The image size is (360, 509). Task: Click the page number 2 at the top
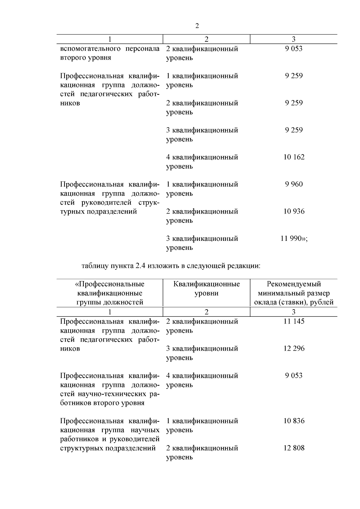pyautogui.click(x=197, y=26)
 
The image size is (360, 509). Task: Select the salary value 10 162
pyautogui.click(x=294, y=157)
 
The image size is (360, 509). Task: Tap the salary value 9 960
pyautogui.click(x=294, y=184)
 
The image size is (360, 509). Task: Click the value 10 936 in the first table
pyautogui.click(x=294, y=211)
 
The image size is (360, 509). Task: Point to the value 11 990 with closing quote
pyautogui.click(x=294, y=239)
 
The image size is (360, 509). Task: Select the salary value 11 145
pyautogui.click(x=294, y=322)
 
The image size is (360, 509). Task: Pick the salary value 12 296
pyautogui.click(x=294, y=349)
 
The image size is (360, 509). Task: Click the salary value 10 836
pyautogui.click(x=294, y=421)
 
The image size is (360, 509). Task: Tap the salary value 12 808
pyautogui.click(x=294, y=448)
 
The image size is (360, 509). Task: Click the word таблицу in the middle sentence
pyautogui.click(x=94, y=266)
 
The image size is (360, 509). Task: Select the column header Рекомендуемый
pyautogui.click(x=294, y=284)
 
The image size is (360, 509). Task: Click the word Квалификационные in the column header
pyautogui.click(x=206, y=284)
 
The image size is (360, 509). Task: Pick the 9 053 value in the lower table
pyautogui.click(x=294, y=376)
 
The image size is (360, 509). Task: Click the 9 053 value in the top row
pyautogui.click(x=294, y=49)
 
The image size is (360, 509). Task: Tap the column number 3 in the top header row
pyautogui.click(x=293, y=39)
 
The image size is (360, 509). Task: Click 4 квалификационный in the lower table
pyautogui.click(x=202, y=376)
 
